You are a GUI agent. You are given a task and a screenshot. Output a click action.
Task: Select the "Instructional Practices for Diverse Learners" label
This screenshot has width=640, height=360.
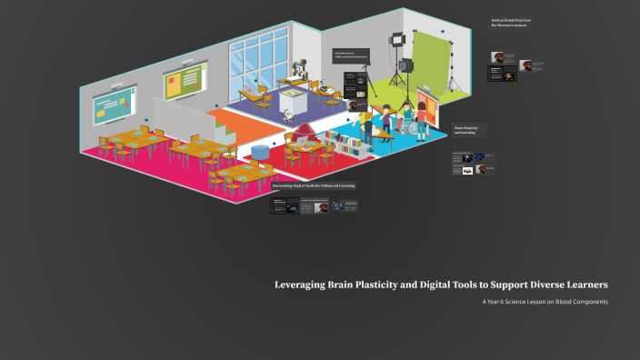(x=509, y=23)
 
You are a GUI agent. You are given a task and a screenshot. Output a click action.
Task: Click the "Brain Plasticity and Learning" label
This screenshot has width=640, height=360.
(x=467, y=130)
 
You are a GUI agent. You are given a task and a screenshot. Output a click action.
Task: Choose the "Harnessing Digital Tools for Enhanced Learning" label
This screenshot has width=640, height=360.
(x=314, y=185)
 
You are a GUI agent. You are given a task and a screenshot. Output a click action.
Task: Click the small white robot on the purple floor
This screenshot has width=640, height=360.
(x=288, y=115)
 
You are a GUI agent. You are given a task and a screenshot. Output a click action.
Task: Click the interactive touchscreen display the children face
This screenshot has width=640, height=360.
(x=435, y=102)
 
